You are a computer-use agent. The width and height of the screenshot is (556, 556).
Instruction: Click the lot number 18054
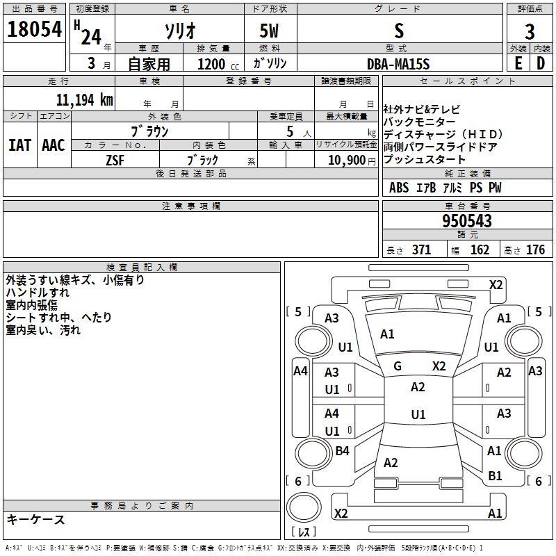34,29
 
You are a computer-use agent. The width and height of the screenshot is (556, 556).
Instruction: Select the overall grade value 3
530,31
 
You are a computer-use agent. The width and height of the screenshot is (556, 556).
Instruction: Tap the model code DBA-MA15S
398,64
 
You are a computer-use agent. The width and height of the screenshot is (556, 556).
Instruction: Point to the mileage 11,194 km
85,99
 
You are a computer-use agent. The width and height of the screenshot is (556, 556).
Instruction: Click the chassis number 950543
467,220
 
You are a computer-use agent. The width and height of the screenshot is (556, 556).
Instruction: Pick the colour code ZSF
115,161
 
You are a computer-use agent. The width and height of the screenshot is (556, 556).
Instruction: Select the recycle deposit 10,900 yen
352,161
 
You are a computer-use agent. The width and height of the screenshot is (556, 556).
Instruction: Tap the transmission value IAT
20,145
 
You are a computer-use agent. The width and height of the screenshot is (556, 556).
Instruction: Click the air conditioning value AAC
54,145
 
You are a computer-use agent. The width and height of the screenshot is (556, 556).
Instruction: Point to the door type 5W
269,31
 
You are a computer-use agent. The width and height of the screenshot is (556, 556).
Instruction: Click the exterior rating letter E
518,63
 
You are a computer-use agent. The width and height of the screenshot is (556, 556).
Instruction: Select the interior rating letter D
541,63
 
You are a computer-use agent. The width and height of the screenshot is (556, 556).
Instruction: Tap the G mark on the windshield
398,366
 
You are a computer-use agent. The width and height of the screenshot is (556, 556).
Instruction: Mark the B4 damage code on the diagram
342,450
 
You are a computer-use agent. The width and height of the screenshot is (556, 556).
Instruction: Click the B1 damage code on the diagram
495,476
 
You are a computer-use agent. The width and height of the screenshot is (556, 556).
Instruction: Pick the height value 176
535,250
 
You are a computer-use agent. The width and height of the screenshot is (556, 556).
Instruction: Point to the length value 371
422,250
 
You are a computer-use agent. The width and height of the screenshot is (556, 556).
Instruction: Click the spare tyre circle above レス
304,507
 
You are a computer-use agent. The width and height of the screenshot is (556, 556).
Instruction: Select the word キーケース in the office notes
36,519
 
